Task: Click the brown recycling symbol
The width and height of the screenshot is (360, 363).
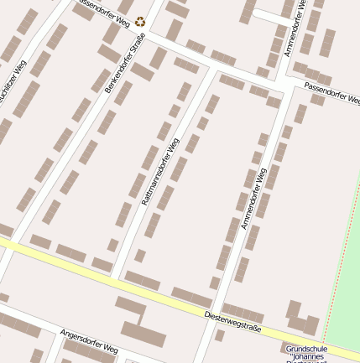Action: click(x=139, y=23)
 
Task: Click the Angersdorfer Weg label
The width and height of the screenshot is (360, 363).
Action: click(x=89, y=341)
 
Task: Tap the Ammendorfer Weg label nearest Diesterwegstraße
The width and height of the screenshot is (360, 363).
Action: click(x=253, y=198)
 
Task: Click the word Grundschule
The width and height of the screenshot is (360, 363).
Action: click(x=303, y=348)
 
